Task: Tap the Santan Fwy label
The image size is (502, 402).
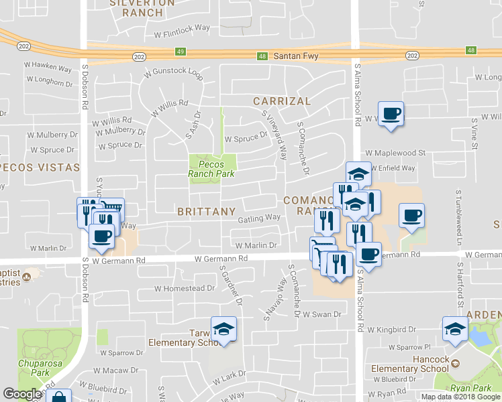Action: coord(295,57)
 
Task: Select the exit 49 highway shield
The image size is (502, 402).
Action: coord(181,51)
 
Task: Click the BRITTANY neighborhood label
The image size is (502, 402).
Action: coord(207,212)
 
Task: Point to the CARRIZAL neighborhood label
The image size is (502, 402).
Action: coord(282,101)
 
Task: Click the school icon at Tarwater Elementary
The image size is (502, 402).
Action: coord(223,328)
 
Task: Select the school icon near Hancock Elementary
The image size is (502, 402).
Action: coord(455,328)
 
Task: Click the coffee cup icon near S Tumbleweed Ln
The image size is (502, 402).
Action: coord(411,215)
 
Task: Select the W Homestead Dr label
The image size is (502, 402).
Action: coord(184,289)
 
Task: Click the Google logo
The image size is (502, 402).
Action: coord(21,394)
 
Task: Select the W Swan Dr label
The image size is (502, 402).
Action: coord(321,314)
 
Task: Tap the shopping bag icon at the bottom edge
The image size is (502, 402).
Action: coord(58,397)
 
